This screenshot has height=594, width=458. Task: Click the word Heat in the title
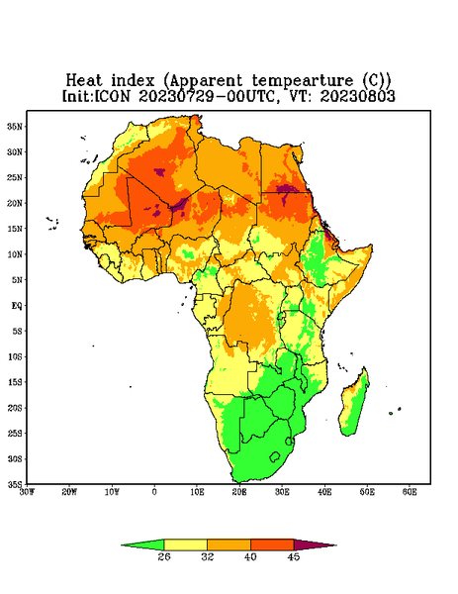click(x=84, y=80)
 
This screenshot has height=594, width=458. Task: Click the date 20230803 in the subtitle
click(x=358, y=96)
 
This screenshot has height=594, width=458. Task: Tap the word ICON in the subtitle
click(x=113, y=96)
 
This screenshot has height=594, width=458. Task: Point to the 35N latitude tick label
click(x=15, y=126)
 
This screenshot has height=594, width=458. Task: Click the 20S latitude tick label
click(x=15, y=408)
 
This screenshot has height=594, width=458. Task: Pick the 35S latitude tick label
click(x=15, y=484)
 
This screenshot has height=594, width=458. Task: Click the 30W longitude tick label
click(x=27, y=492)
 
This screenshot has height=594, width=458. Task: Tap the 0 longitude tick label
click(x=154, y=492)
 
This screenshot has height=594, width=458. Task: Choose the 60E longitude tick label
click(x=410, y=492)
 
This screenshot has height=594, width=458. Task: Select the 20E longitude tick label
click(x=239, y=492)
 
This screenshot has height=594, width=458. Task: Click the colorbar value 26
click(x=164, y=556)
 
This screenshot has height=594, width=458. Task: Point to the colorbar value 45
click(x=294, y=556)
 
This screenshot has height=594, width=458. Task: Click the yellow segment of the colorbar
click(x=185, y=544)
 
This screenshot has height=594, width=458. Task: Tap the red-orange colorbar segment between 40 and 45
click(x=272, y=544)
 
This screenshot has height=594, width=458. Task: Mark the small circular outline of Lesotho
click(x=275, y=456)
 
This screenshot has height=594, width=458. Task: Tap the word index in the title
click(x=133, y=80)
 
